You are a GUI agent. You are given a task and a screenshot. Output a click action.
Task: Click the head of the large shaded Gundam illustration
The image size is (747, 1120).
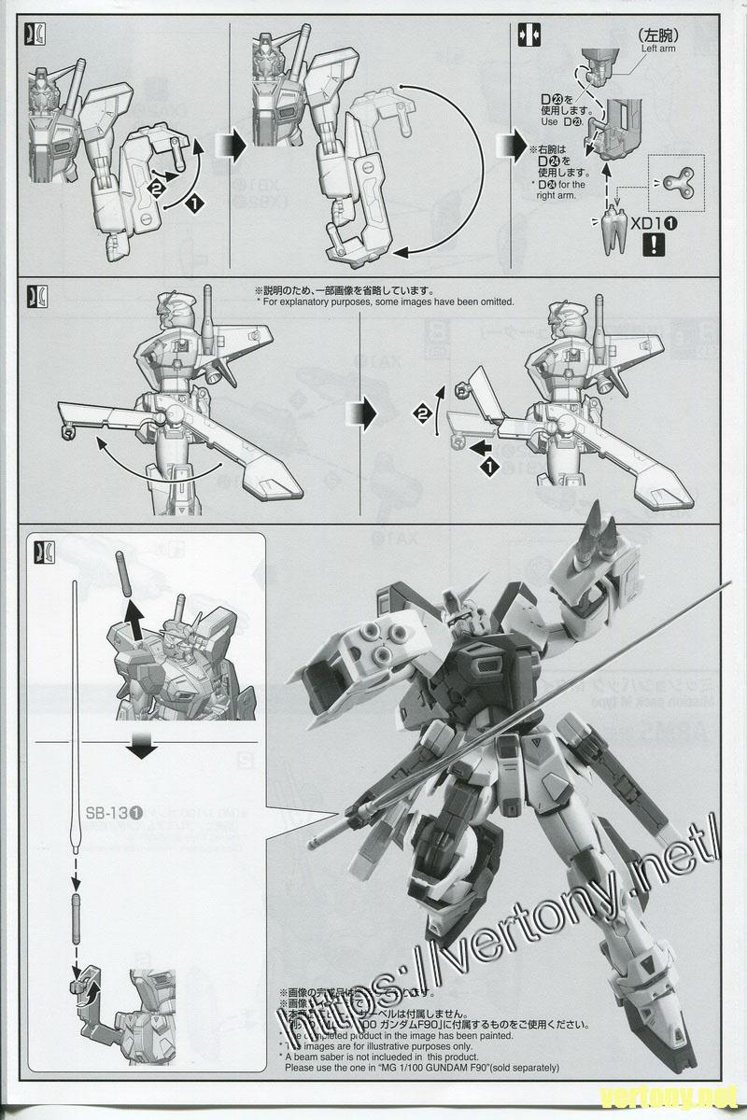click(x=456, y=621)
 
